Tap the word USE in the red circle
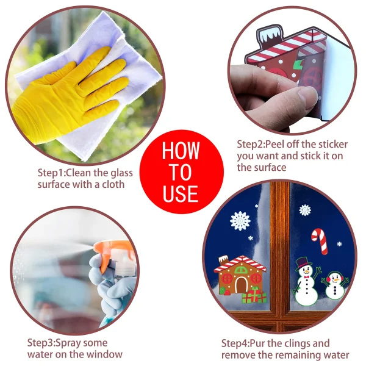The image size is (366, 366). point(181,193)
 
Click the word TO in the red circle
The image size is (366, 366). point(181,172)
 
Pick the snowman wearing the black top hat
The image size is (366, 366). point(304,282)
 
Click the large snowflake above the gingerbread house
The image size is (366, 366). point(240,220)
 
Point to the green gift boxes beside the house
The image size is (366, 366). point(254,296)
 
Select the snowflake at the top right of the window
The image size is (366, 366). point(305,210)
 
